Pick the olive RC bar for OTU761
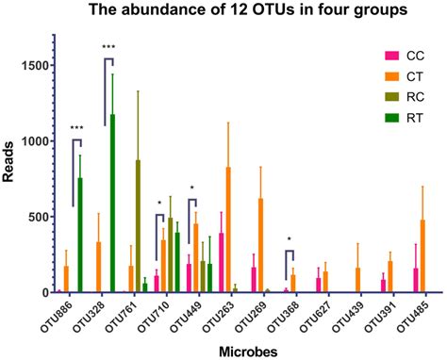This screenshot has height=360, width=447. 138,226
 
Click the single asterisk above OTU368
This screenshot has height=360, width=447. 290,239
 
